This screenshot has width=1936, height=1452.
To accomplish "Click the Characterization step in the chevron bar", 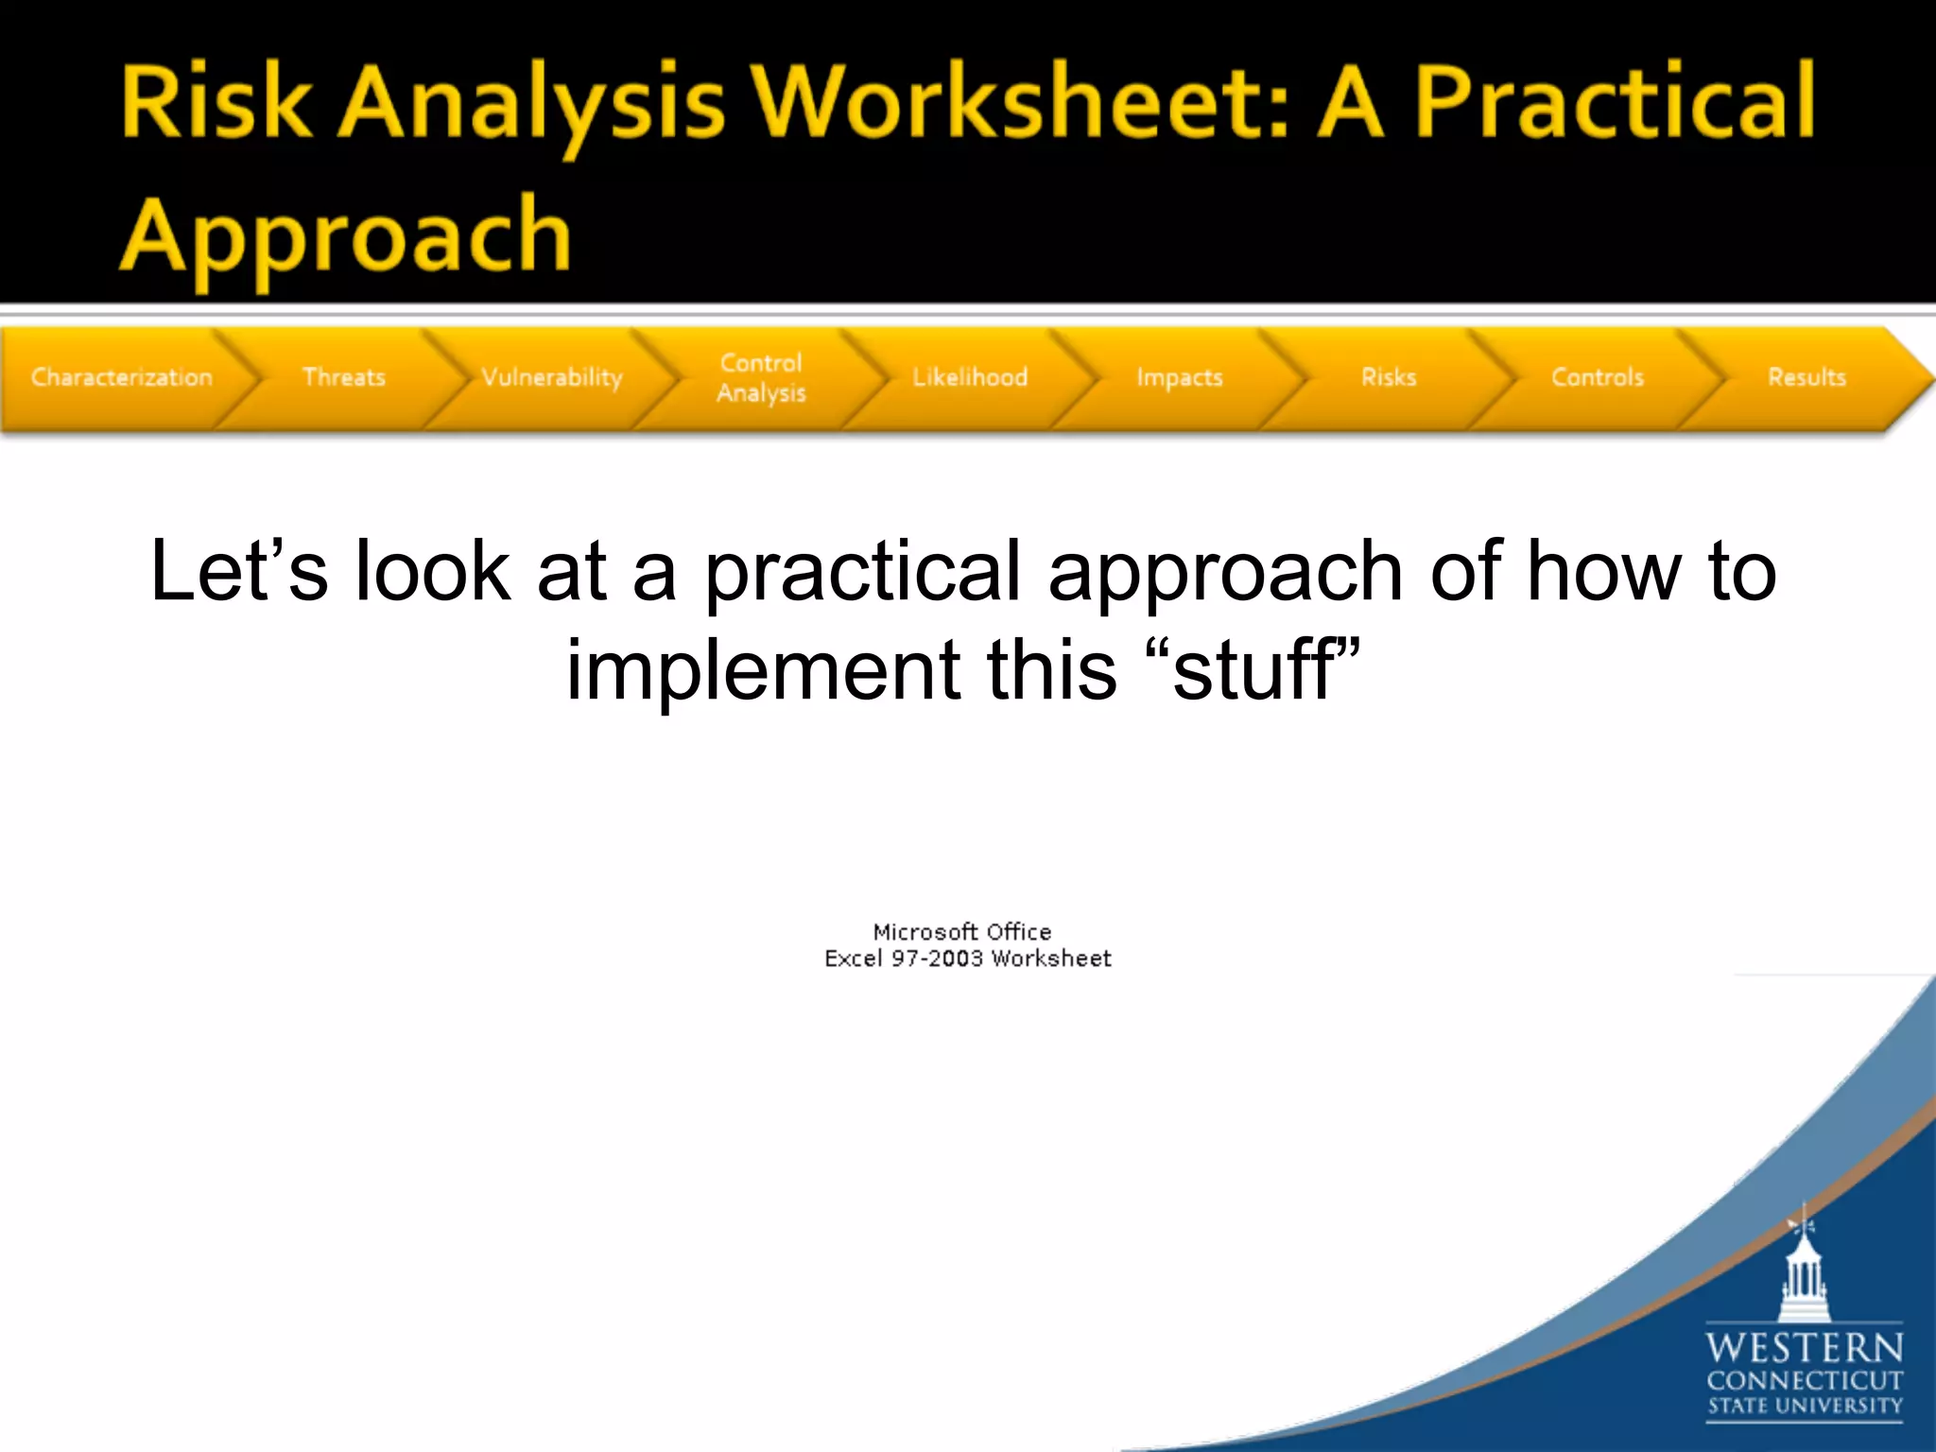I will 121,377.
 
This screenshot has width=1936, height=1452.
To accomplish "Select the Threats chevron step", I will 344,377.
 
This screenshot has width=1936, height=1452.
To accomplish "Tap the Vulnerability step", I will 552,377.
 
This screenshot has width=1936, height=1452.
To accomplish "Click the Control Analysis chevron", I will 761,377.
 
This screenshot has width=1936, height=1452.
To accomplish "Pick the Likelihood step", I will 970,377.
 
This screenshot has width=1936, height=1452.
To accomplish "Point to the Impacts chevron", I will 1180,377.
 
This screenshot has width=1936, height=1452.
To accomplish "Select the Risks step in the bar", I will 1389,377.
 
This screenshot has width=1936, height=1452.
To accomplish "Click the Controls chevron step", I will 1598,377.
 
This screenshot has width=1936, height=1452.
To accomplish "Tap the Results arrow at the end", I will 1806,377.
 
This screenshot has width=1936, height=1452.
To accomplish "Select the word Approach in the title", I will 346,236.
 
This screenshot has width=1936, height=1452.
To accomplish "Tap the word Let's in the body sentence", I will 238,571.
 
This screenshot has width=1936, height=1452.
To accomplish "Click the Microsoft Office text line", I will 961,931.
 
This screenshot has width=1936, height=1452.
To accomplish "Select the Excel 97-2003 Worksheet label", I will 967,959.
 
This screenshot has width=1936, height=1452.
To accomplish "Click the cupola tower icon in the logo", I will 1804,1271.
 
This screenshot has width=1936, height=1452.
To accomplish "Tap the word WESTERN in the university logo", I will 1804,1347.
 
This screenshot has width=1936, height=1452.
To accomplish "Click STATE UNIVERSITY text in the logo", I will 1804,1406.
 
